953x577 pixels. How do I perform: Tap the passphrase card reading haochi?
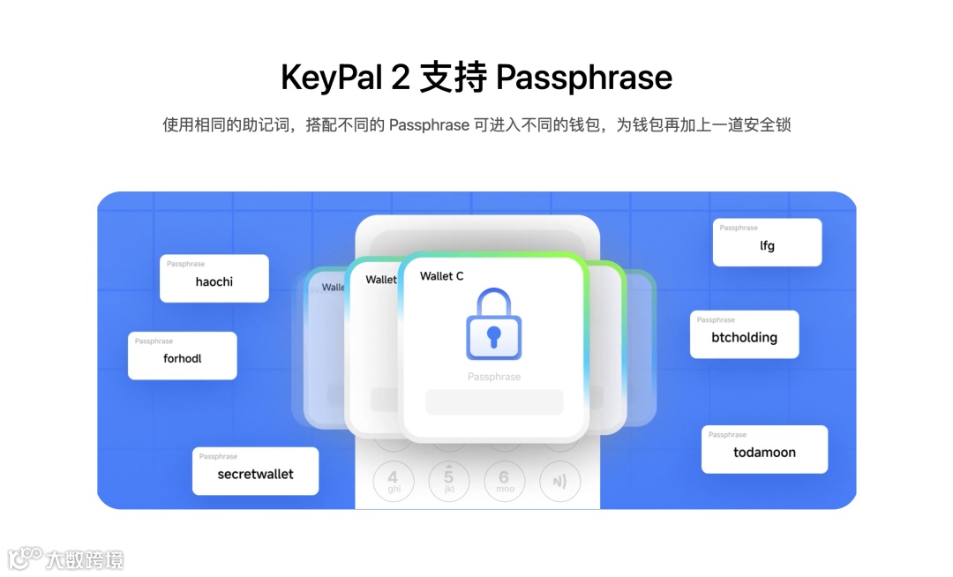click(214, 279)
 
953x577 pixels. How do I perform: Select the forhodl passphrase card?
click(183, 356)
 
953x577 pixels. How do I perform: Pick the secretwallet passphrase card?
click(255, 471)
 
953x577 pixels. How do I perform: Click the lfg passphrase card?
click(767, 243)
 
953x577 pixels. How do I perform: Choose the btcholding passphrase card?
click(744, 334)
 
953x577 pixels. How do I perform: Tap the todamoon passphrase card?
click(764, 450)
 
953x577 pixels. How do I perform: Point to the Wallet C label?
click(441, 276)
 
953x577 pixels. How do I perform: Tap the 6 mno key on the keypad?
click(505, 481)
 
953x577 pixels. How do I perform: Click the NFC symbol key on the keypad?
click(560, 482)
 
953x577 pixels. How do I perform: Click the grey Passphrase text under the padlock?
click(494, 377)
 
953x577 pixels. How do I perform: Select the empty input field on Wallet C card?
click(494, 402)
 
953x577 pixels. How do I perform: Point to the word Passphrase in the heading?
click(584, 79)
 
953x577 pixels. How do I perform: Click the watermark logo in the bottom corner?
click(65, 558)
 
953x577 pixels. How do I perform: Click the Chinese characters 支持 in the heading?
click(453, 79)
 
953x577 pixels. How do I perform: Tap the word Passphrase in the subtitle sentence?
click(429, 125)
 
